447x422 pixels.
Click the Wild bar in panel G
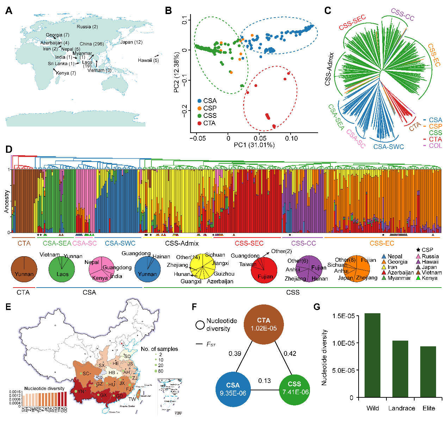(x=372, y=355)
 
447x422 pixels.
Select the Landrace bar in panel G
(x=401, y=369)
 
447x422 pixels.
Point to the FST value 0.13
(x=264, y=380)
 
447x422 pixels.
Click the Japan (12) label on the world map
(x=131, y=42)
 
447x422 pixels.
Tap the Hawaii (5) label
(x=148, y=61)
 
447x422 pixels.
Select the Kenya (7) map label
(x=66, y=73)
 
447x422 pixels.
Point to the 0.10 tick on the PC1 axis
(x=291, y=138)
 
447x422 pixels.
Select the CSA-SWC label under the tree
(x=388, y=147)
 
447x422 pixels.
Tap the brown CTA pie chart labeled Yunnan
(x=24, y=269)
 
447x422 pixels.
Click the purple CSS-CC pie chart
(x=309, y=269)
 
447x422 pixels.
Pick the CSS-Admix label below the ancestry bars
(x=182, y=243)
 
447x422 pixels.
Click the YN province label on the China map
(x=81, y=391)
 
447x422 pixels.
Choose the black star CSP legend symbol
(x=418, y=250)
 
